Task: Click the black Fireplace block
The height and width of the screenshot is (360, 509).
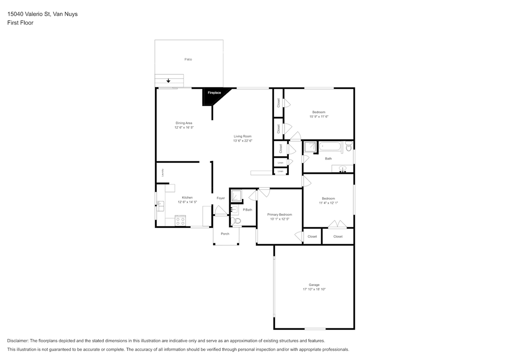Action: click(x=214, y=96)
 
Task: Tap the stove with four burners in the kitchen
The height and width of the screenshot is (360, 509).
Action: click(x=180, y=221)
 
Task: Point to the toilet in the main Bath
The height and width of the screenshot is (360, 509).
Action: click(x=349, y=147)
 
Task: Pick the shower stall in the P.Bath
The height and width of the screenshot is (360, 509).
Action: click(x=236, y=195)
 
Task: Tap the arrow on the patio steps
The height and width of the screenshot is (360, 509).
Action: click(x=169, y=80)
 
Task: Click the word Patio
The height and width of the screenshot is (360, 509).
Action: click(x=188, y=59)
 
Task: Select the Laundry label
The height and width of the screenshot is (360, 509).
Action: click(x=163, y=172)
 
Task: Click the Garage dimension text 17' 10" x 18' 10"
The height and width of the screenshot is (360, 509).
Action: click(x=314, y=289)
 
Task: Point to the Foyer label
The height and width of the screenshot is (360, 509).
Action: click(x=221, y=198)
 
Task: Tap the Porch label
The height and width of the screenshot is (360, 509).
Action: click(x=225, y=234)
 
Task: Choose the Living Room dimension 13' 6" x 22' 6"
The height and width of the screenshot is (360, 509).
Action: click(x=243, y=141)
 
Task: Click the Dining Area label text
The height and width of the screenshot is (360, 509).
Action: click(x=184, y=123)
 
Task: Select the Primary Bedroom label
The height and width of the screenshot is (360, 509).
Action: click(x=279, y=214)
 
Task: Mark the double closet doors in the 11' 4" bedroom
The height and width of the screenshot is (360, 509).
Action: click(x=337, y=224)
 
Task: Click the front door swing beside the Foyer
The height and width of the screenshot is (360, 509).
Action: click(x=220, y=211)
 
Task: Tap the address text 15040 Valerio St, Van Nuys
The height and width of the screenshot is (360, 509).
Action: click(x=42, y=14)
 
